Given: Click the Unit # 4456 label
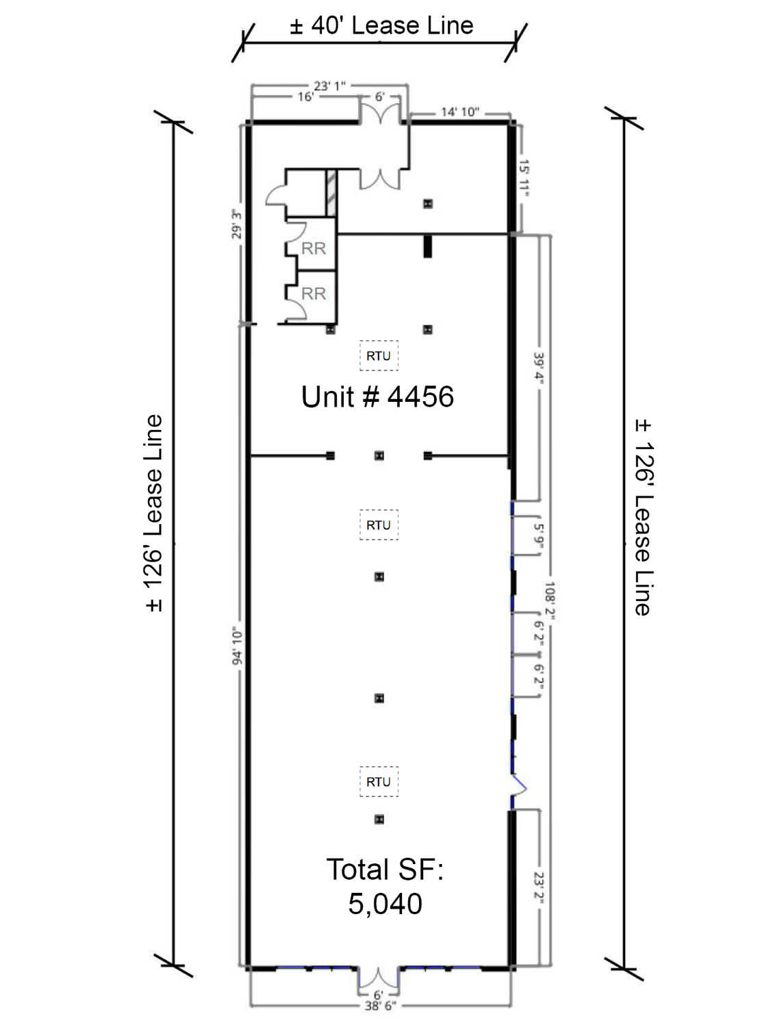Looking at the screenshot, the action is (377, 397).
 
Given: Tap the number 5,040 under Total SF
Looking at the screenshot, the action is (385, 903).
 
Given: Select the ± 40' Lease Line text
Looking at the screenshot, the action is (381, 25).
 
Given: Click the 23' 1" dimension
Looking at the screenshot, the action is (329, 86).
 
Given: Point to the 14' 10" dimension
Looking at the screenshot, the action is (459, 112).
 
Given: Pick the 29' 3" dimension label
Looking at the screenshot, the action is (237, 224).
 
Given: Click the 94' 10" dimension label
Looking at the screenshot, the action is (237, 646).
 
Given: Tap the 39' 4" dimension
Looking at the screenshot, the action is (539, 366).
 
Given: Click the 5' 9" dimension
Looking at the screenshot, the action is (538, 535).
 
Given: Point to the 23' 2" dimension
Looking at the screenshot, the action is (538, 887).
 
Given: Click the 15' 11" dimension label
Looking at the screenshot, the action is (524, 178).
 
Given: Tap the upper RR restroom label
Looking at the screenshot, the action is (314, 249).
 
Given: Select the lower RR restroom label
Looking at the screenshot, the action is (314, 294).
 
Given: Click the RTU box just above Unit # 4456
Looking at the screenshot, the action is (379, 355).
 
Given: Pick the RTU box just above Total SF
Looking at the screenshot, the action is (379, 782).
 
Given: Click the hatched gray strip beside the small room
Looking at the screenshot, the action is (331, 193).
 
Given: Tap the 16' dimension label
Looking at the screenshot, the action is (305, 97).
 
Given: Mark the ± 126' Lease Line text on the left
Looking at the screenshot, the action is (154, 513).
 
